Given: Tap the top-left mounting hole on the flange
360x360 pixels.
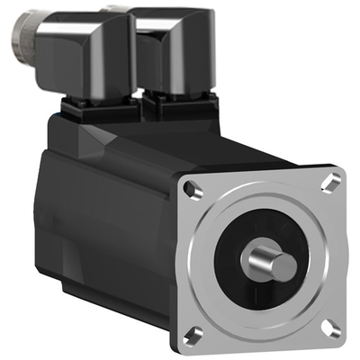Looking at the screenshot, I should [191, 189].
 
